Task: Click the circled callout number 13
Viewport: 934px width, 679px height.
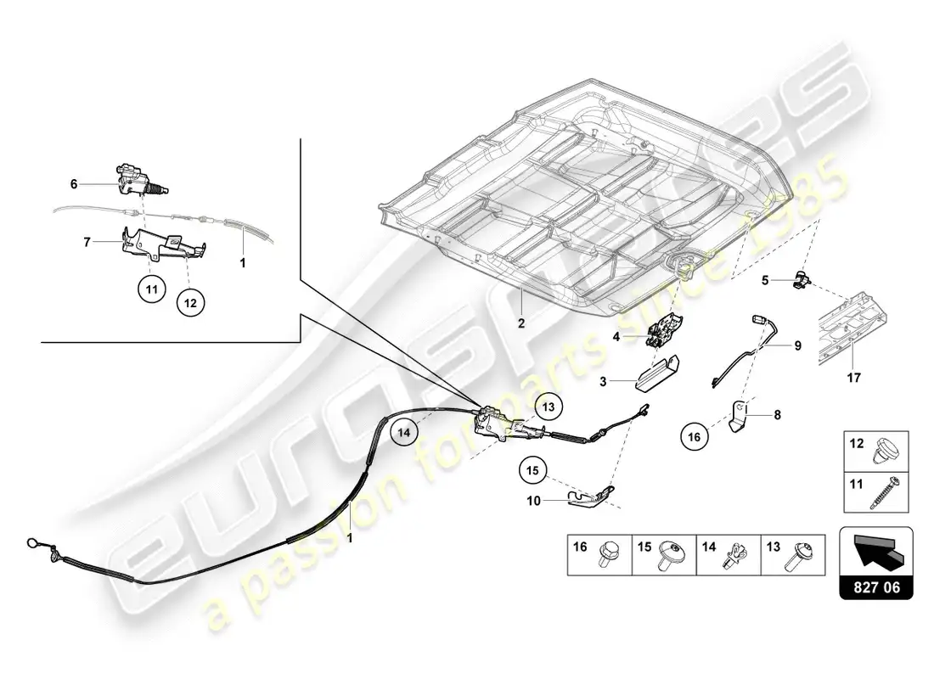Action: click(x=549, y=407)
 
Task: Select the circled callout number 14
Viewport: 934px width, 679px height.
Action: click(x=404, y=432)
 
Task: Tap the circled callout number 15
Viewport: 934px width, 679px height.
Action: click(x=532, y=470)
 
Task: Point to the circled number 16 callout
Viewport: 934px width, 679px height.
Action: click(x=695, y=436)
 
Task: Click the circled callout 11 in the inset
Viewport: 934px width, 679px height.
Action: click(x=152, y=289)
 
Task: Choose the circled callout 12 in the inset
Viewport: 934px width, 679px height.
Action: click(x=190, y=303)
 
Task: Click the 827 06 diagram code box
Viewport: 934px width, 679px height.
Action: click(x=875, y=563)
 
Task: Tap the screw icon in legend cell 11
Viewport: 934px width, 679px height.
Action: click(x=885, y=492)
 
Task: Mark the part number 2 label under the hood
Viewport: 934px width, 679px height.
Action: click(x=521, y=323)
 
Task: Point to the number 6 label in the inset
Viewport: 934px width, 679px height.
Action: click(x=74, y=184)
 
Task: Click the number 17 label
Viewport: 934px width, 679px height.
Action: click(x=853, y=378)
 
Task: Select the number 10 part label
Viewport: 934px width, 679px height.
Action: click(x=534, y=501)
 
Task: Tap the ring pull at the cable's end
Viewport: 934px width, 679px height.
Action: click(x=32, y=542)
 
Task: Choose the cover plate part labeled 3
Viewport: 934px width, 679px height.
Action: click(x=657, y=375)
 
